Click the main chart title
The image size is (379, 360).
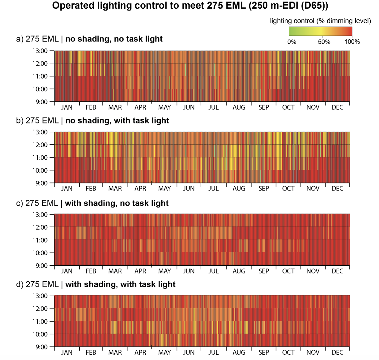click(x=190, y=6)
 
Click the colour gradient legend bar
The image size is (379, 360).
click(x=320, y=32)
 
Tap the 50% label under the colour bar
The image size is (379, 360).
click(x=324, y=42)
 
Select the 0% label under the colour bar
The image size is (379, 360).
click(x=292, y=42)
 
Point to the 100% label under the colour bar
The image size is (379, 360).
click(x=352, y=42)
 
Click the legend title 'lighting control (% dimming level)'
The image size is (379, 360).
click(x=320, y=21)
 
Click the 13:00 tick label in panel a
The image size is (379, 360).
click(x=40, y=51)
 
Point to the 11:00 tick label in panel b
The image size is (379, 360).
click(x=40, y=158)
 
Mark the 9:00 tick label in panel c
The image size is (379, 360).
click(x=41, y=266)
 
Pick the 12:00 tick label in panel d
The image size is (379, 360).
click(x=40, y=309)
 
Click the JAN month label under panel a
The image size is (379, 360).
click(x=67, y=107)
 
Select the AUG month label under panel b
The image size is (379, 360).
click(x=239, y=189)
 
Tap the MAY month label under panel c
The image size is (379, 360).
click(x=164, y=271)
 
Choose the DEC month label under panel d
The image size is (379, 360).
click(x=337, y=353)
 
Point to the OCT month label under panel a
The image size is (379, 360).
click(x=288, y=107)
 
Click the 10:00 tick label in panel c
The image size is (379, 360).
click(x=40, y=253)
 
